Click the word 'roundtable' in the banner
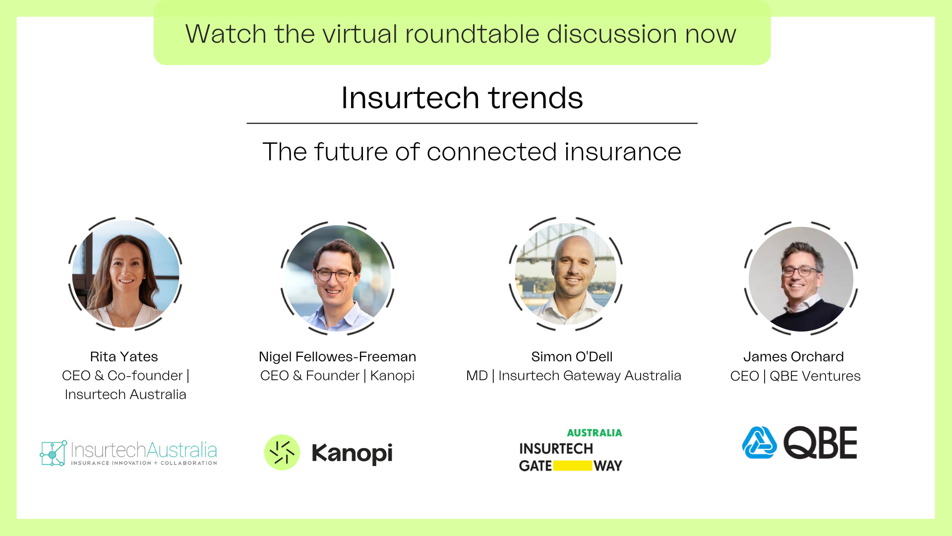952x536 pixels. (x=472, y=34)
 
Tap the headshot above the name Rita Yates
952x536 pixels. (x=125, y=273)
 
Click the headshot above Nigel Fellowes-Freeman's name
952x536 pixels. (x=338, y=278)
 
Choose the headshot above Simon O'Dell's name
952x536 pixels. (x=566, y=274)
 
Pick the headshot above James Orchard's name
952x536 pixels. (x=801, y=279)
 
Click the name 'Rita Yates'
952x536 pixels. (x=124, y=356)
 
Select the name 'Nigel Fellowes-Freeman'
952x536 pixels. (x=337, y=356)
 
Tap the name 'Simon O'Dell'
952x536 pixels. (x=572, y=356)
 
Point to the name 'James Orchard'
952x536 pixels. (x=793, y=356)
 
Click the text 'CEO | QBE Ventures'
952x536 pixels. (x=795, y=376)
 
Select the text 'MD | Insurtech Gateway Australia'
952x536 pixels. (x=574, y=376)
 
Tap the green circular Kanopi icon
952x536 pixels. (x=282, y=452)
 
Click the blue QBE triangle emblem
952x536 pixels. (x=759, y=442)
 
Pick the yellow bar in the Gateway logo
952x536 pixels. (x=573, y=466)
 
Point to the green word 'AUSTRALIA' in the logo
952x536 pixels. (x=595, y=433)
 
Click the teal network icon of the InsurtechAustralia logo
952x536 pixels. (x=53, y=453)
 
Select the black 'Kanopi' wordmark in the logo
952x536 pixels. (x=352, y=453)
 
